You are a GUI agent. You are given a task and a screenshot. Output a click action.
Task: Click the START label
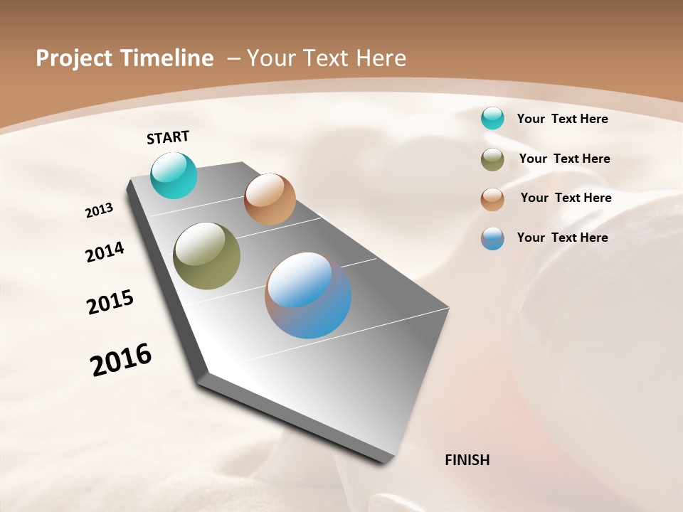point(168,137)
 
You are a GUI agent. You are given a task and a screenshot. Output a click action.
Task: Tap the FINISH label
point(467,460)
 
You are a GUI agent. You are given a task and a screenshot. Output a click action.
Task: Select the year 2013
point(100,210)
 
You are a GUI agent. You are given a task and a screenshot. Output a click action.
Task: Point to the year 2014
point(105,252)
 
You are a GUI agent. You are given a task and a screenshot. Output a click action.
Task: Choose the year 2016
point(121,360)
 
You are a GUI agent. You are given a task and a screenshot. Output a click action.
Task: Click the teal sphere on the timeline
point(174,175)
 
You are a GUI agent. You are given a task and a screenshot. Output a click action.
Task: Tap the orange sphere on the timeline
point(270,199)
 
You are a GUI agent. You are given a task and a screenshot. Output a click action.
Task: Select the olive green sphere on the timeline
point(207,256)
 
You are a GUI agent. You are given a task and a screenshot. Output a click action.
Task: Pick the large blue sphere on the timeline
point(308,295)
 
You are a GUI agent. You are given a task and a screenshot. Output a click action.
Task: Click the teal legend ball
point(492,119)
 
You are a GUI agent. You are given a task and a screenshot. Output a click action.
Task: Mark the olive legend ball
point(492,159)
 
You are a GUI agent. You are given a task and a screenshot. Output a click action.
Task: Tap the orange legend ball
point(492,199)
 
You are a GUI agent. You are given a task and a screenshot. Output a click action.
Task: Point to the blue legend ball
point(492,238)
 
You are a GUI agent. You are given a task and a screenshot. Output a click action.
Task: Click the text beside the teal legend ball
point(562,119)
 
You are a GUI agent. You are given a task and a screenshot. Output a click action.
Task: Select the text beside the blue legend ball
point(562,238)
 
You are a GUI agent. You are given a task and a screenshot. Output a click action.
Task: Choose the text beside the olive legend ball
point(564,159)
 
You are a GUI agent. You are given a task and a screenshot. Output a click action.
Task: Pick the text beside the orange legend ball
point(566,198)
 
